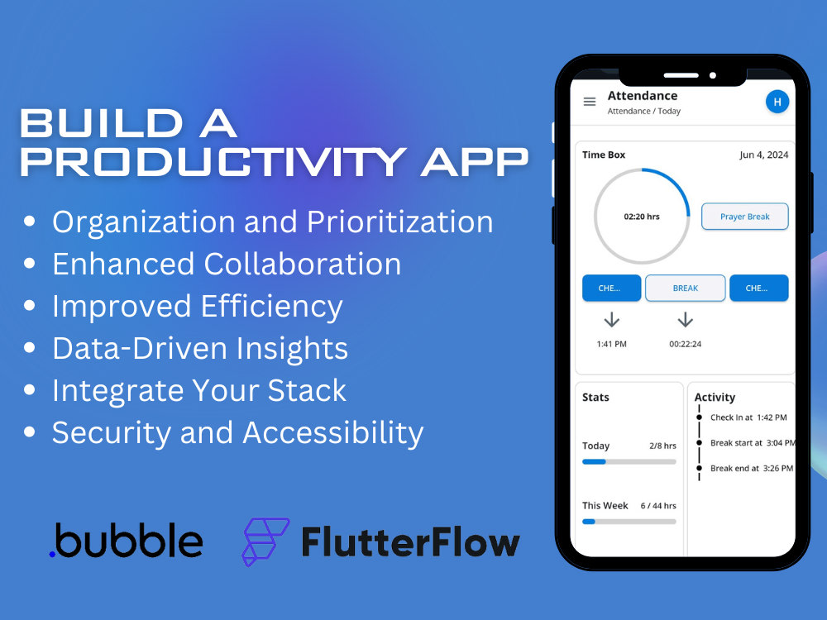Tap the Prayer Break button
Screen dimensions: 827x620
tap(745, 216)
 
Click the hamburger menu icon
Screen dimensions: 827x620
tap(590, 101)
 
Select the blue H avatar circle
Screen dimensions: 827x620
tap(777, 102)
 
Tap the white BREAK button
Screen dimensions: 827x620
tap(685, 288)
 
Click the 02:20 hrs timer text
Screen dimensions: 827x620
tap(642, 217)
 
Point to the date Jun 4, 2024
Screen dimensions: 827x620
tap(763, 155)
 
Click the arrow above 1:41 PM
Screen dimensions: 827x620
tap(611, 320)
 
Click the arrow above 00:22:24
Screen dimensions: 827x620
tap(685, 320)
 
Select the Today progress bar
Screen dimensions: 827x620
tap(629, 462)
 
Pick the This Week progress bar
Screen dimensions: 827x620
tap(629, 522)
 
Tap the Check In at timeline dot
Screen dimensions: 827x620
tap(700, 417)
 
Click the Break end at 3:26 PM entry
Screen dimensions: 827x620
tap(752, 468)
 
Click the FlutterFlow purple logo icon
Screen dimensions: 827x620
tap(265, 542)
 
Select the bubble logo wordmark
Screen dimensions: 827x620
tap(126, 541)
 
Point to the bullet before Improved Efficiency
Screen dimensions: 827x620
tap(30, 305)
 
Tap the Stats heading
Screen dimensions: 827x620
tap(595, 397)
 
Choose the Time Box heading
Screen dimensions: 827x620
tap(604, 155)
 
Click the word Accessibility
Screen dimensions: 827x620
tap(333, 433)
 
